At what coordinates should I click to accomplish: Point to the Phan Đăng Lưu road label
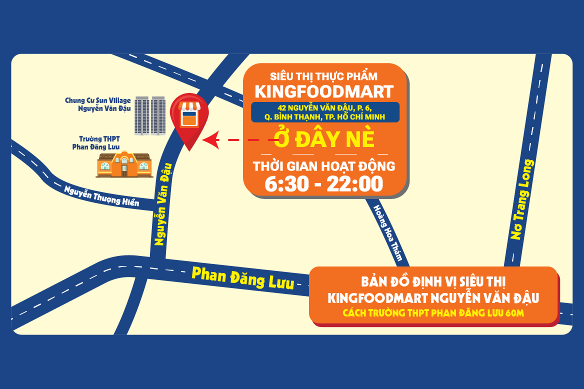coord(243,277)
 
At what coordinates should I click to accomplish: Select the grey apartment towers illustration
coord(150,115)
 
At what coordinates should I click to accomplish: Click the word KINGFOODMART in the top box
coord(324,91)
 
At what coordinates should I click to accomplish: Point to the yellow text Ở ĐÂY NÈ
coord(324,139)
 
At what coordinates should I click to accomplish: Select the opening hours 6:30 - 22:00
coord(324,183)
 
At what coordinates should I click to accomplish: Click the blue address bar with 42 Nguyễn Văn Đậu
coord(325,112)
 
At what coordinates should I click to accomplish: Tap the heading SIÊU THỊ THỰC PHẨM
coord(323,76)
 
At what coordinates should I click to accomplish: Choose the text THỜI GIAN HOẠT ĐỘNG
coord(324,166)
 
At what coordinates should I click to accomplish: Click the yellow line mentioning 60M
coord(433,313)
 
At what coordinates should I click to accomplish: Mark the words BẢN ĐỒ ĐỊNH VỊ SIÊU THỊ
coord(433,281)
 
